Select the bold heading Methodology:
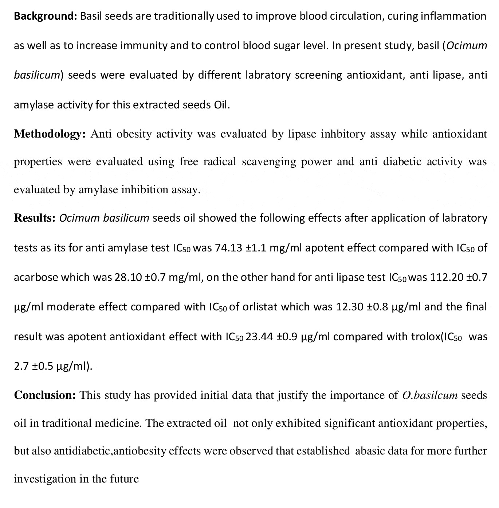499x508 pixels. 50,134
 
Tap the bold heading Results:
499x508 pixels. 35,218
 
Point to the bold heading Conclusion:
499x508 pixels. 45,395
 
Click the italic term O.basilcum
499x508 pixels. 430,395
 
